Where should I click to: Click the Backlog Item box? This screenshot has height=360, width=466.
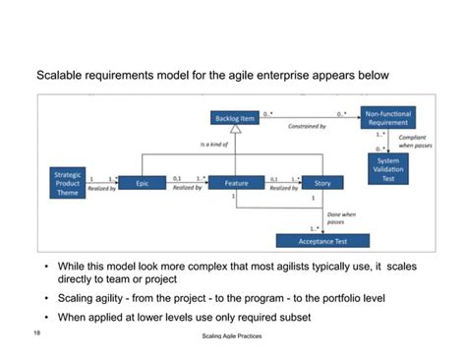pos(236,118)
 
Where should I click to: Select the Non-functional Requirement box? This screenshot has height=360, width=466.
pos(386,117)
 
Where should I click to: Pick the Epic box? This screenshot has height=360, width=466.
pos(142,183)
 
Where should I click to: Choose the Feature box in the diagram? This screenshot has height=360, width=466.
pos(236,183)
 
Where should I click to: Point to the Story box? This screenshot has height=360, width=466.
pos(322,183)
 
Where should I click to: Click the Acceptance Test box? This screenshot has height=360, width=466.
pos(322,241)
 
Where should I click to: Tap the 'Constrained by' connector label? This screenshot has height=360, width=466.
pos(309,127)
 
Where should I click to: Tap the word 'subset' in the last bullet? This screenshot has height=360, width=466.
pos(293,317)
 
